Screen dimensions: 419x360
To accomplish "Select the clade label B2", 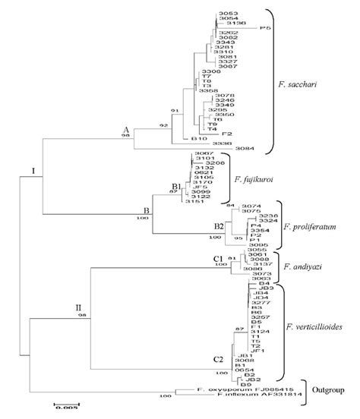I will coord(218,225).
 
